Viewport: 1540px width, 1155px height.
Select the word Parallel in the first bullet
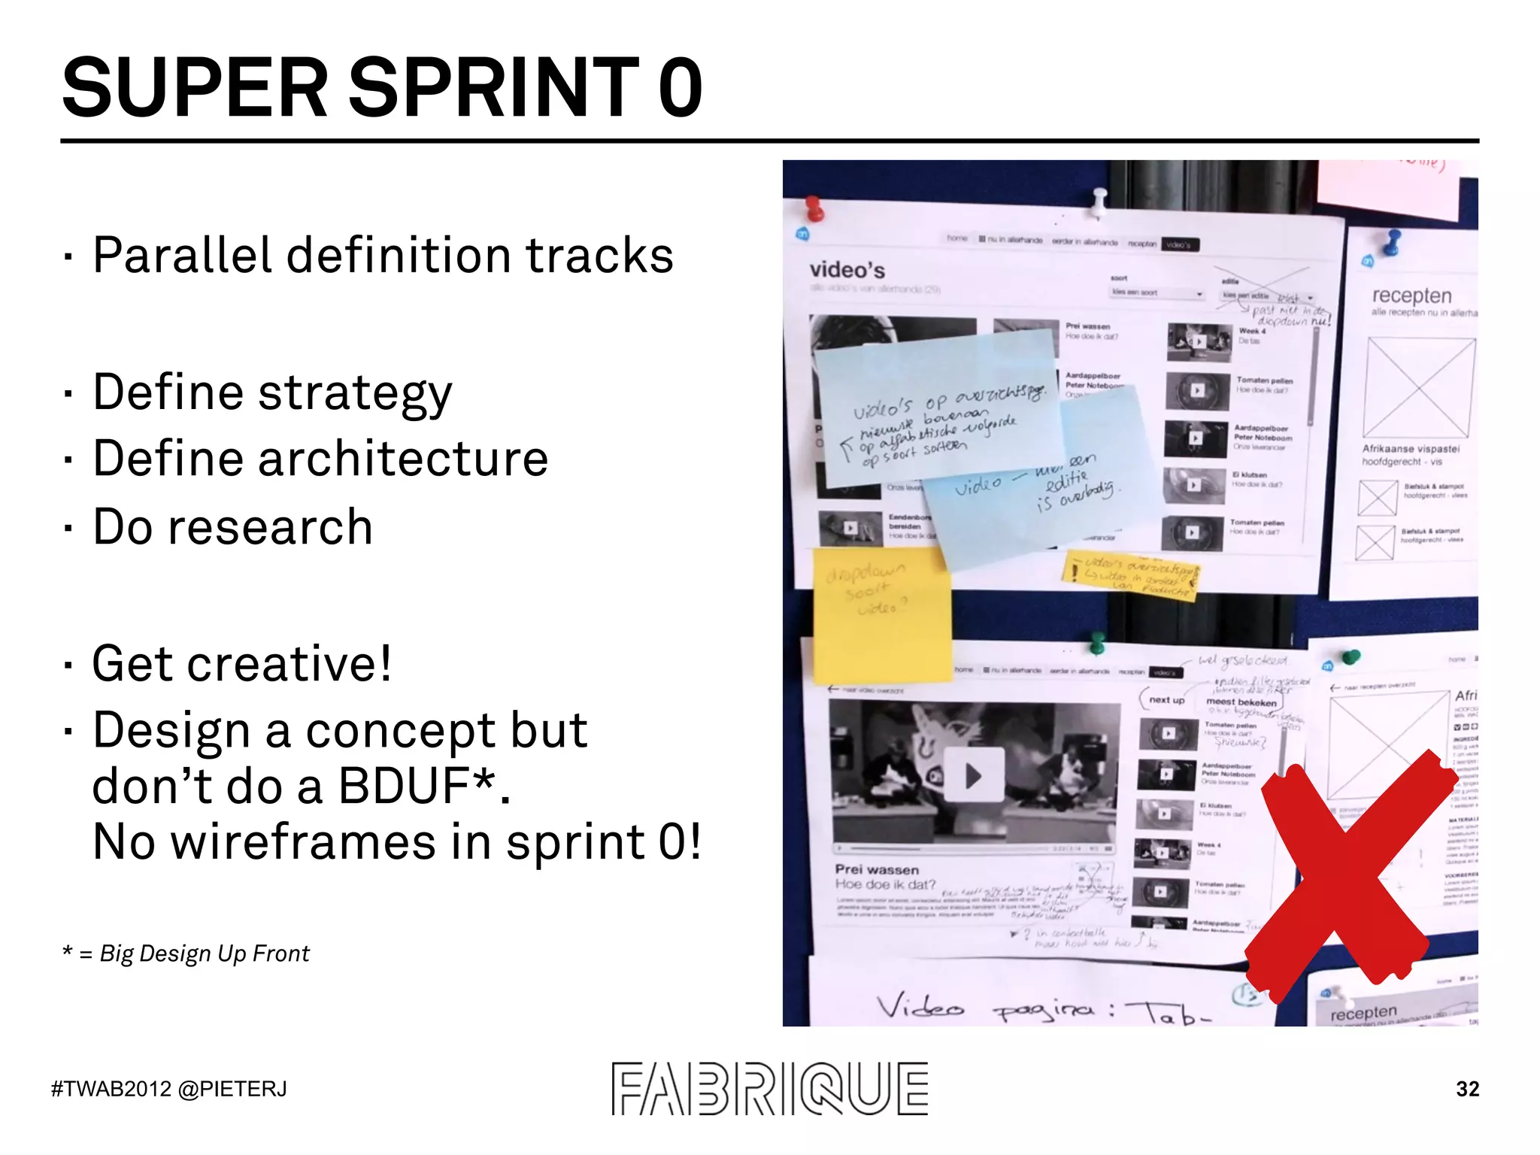click(x=181, y=255)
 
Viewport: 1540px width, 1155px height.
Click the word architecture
click(x=403, y=459)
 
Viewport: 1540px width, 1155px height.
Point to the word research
click(x=270, y=527)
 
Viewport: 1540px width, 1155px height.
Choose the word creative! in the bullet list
click(x=289, y=664)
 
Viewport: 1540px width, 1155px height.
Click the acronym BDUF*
click(x=424, y=787)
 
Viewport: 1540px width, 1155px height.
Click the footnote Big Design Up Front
click(x=205, y=953)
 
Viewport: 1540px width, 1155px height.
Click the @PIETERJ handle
click(x=233, y=1089)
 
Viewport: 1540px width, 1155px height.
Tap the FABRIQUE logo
click(x=769, y=1088)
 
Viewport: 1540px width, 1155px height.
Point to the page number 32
click(x=1467, y=1089)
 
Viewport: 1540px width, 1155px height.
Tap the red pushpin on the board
click(x=814, y=207)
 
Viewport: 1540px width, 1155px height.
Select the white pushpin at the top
click(x=1099, y=199)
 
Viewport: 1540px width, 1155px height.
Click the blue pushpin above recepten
click(x=1393, y=241)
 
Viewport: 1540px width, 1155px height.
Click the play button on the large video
click(x=974, y=775)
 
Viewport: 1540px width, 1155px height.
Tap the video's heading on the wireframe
click(x=847, y=270)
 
